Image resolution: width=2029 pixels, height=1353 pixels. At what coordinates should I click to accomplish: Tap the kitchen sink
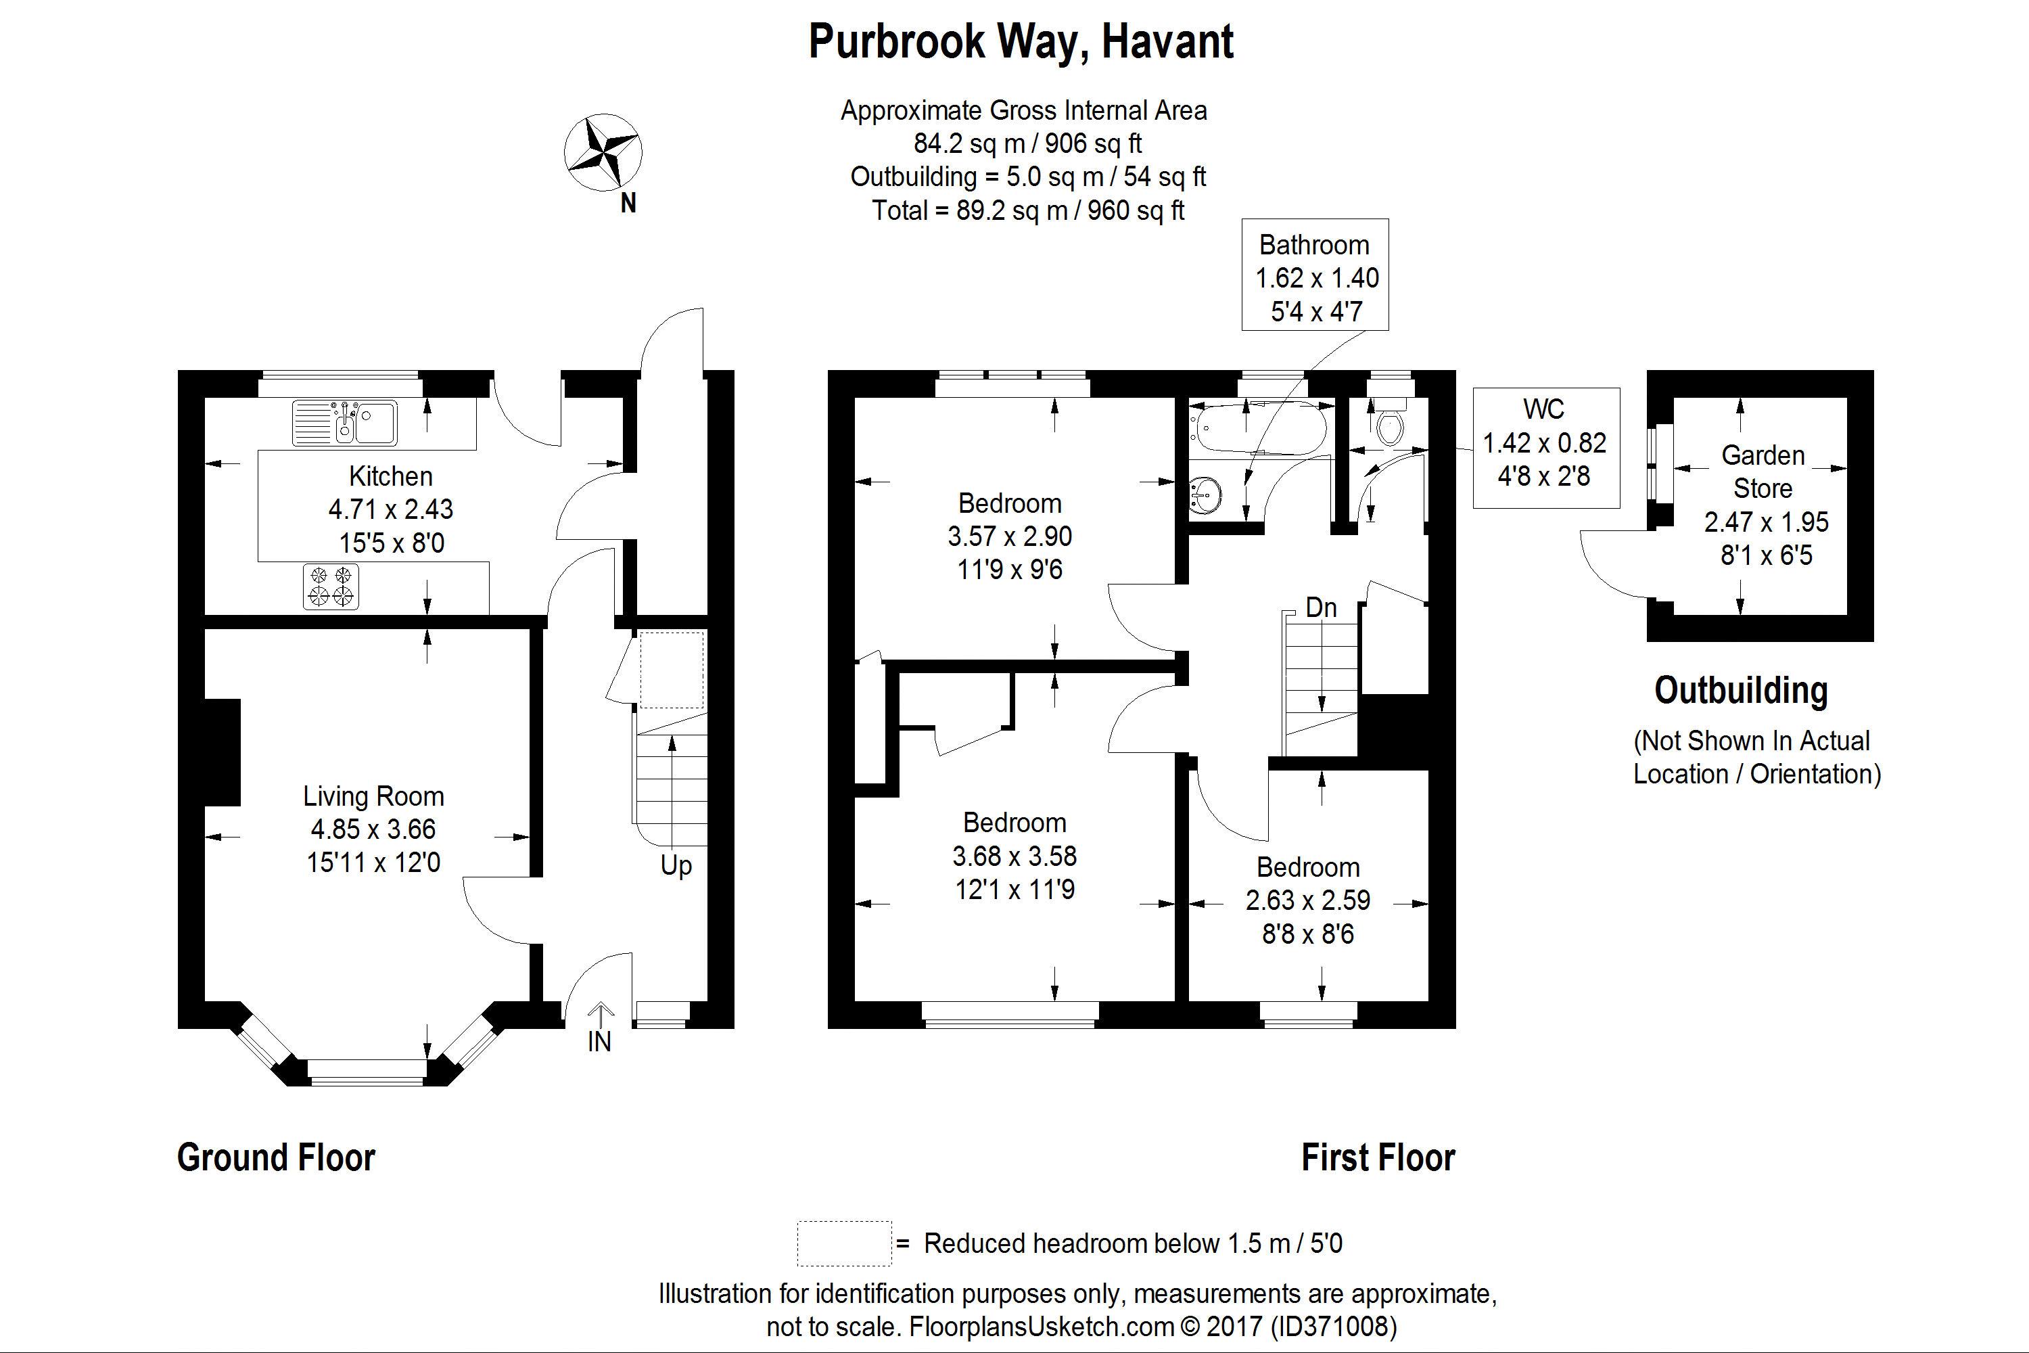click(344, 423)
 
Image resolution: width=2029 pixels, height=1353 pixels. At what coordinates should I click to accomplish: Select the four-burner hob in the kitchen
click(331, 586)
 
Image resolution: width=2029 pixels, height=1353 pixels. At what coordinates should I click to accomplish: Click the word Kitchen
click(391, 476)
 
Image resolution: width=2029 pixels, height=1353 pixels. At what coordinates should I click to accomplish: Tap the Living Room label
click(373, 796)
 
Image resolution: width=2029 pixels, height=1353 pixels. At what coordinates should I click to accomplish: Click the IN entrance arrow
click(599, 1018)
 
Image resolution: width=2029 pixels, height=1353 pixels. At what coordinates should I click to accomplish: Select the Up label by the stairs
click(676, 865)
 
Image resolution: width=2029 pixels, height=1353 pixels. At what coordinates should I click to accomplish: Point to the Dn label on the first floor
click(1321, 607)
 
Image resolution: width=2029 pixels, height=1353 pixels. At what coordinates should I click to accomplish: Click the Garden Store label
click(1763, 471)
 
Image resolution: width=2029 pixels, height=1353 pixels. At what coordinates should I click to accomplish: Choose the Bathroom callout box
click(1314, 275)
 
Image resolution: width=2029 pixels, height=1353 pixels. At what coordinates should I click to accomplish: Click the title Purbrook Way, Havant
click(1021, 41)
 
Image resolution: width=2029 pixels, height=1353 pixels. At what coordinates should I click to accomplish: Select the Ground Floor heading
click(276, 1157)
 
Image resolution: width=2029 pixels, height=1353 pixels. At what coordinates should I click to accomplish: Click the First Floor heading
click(1378, 1157)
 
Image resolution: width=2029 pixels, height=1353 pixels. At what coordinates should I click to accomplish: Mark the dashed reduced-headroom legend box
click(843, 1243)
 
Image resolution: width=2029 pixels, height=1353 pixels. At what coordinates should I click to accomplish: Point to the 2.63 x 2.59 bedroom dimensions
click(1308, 900)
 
